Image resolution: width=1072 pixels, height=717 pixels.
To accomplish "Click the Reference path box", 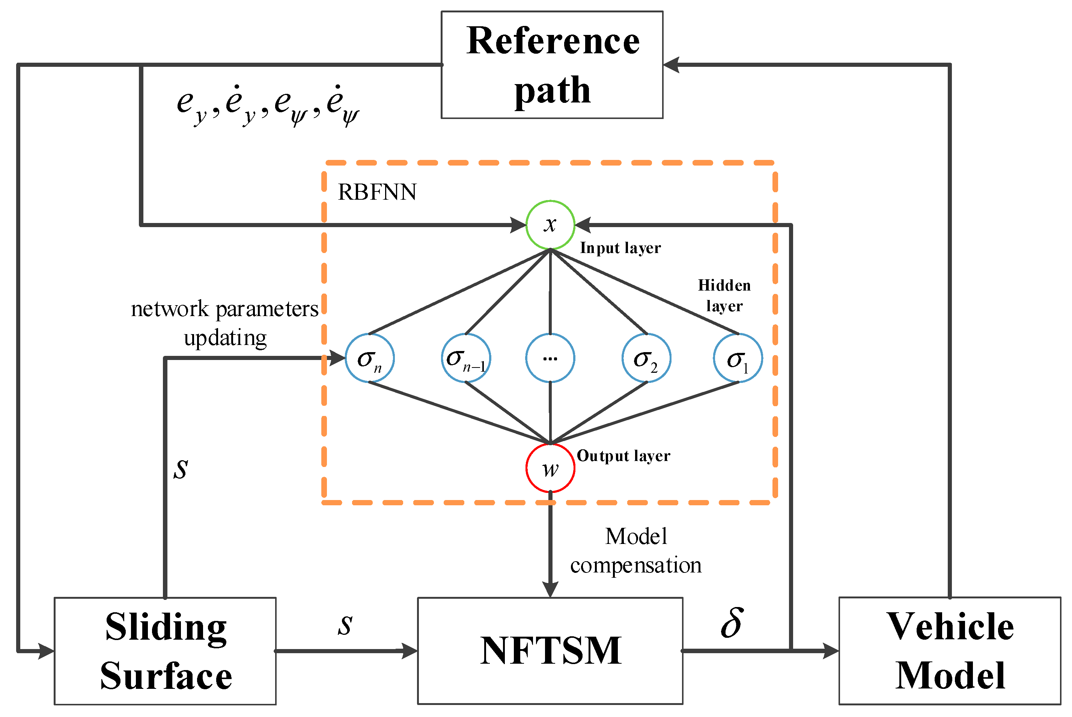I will [552, 65].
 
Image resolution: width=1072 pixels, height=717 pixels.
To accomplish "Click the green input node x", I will [550, 224].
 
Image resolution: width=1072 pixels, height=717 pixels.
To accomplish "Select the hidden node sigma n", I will [369, 358].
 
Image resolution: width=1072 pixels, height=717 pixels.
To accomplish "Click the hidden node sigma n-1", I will [466, 358].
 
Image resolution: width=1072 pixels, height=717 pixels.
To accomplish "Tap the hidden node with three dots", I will [550, 358].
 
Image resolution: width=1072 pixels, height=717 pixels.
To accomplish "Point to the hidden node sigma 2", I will [646, 358].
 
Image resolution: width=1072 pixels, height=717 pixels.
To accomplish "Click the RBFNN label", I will [377, 192].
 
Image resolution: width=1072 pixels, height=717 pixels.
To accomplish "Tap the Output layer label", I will [623, 456].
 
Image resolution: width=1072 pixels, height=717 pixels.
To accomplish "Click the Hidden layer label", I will [724, 295].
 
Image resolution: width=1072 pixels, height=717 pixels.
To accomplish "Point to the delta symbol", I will [732, 623].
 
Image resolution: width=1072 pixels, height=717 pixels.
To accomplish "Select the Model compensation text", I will [636, 551].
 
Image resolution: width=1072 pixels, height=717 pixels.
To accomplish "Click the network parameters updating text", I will [224, 323].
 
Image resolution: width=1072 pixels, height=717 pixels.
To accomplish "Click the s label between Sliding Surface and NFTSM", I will [345, 625].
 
